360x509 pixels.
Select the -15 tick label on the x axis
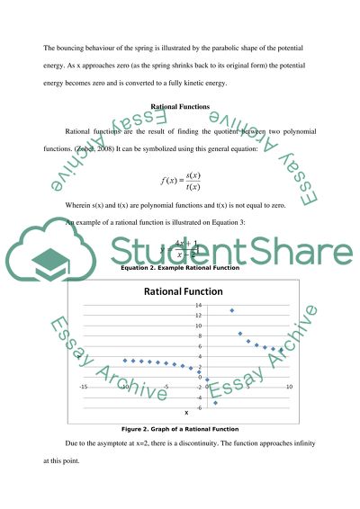84,388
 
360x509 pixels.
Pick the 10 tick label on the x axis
289,388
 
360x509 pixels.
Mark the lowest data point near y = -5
215,403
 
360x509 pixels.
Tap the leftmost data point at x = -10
125,360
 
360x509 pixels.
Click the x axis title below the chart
186,412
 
